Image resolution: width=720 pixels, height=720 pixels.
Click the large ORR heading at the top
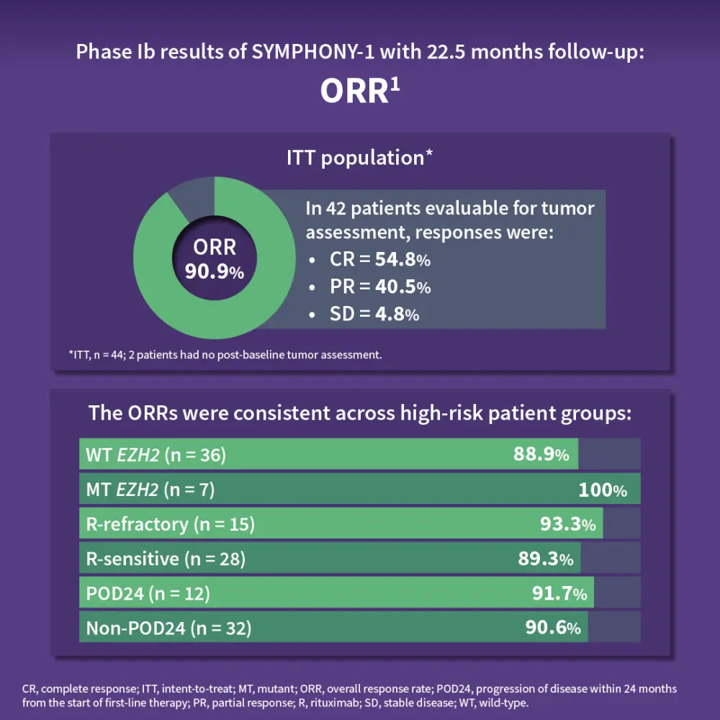tap(359, 91)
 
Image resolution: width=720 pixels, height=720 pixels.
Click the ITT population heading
tap(359, 158)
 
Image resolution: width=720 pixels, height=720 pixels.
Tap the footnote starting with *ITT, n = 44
tap(225, 354)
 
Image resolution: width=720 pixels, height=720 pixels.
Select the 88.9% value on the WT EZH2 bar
tap(541, 454)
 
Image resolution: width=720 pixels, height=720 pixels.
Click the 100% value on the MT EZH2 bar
tap(603, 490)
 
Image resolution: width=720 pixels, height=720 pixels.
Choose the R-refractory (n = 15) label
tap(171, 524)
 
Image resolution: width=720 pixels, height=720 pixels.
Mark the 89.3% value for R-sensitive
tap(546, 559)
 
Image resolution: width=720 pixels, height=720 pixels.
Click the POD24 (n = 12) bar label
tap(148, 593)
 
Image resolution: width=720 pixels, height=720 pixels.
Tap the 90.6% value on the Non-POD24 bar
tap(553, 628)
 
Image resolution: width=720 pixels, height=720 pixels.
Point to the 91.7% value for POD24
tap(559, 593)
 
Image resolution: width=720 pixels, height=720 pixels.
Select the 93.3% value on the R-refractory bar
tap(568, 524)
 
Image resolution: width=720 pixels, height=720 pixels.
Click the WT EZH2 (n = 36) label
tap(156, 454)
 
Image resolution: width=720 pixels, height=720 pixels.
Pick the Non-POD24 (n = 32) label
tap(168, 628)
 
